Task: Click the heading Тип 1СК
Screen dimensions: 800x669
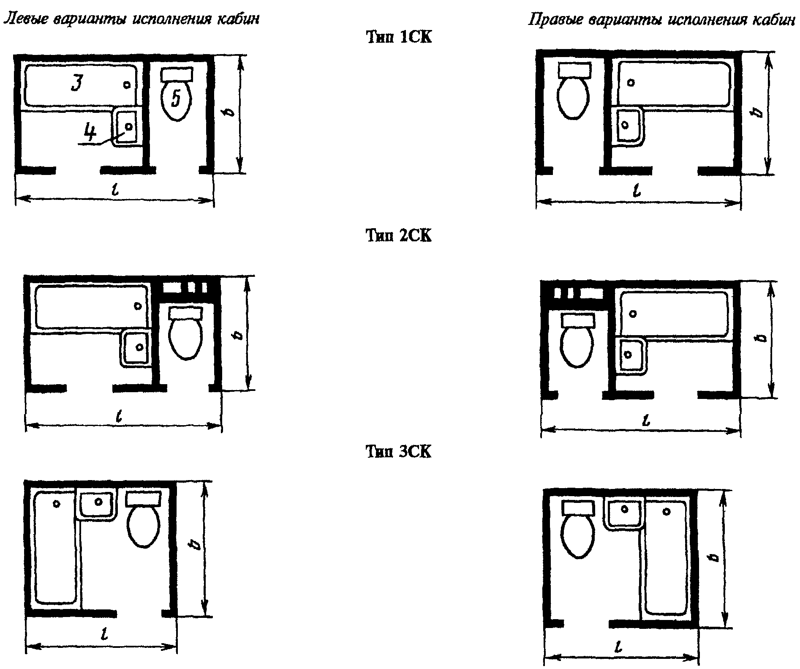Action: pyautogui.click(x=399, y=38)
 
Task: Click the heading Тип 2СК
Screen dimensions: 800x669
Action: pyautogui.click(x=399, y=236)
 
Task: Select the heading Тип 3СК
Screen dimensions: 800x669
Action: pyautogui.click(x=399, y=452)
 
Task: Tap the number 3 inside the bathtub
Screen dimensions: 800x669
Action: pyautogui.click(x=77, y=83)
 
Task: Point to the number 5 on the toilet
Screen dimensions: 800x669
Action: pyautogui.click(x=177, y=98)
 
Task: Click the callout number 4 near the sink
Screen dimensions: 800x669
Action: pyautogui.click(x=90, y=132)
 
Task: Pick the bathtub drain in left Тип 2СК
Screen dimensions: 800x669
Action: pyautogui.click(x=138, y=306)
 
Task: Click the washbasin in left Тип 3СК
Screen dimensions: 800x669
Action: pyautogui.click(x=97, y=504)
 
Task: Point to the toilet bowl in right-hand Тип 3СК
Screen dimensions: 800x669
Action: pyautogui.click(x=579, y=537)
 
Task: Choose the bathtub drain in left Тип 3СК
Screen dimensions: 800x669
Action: pyautogui.click(x=56, y=503)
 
